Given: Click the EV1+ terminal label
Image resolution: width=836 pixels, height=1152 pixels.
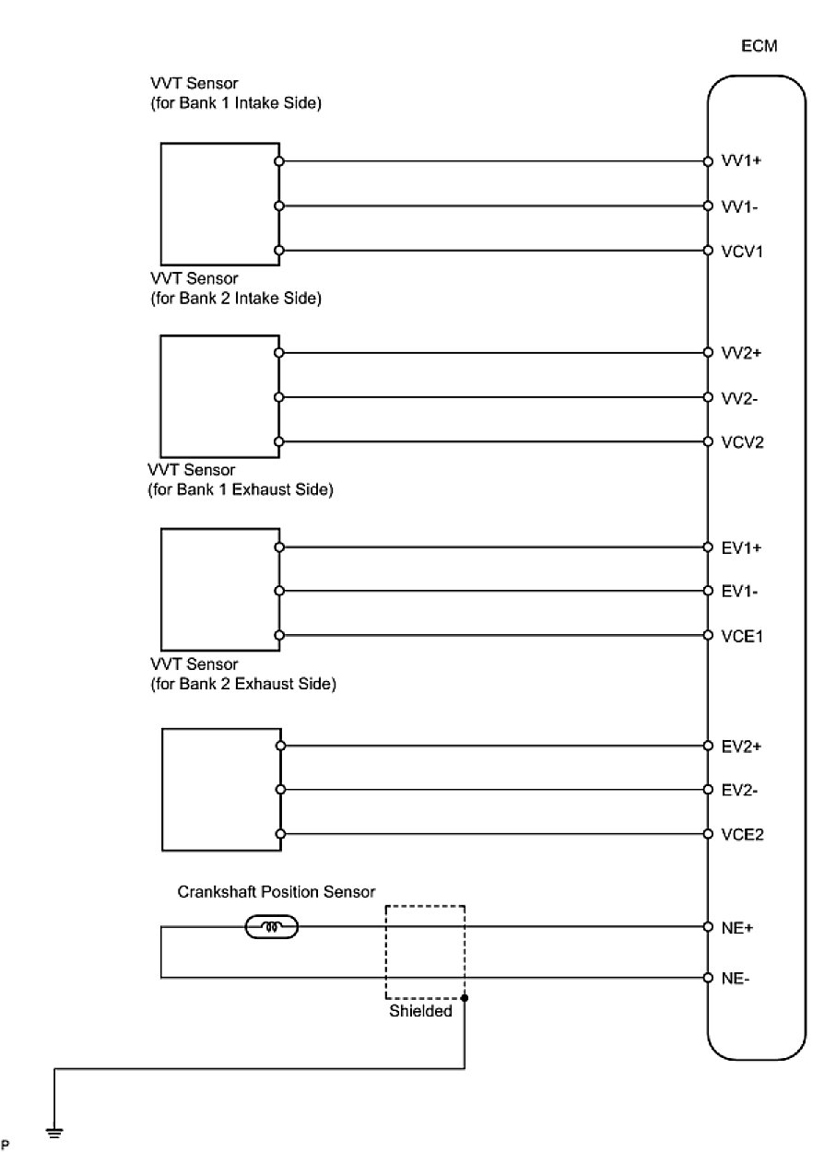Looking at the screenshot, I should pyautogui.click(x=743, y=547).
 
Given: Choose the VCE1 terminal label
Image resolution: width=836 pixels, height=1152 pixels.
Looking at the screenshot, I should pyautogui.click(x=745, y=636).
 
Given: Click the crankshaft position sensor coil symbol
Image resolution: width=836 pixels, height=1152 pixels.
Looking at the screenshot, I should pyautogui.click(x=272, y=926).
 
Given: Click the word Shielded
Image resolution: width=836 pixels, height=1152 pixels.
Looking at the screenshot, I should pyautogui.click(x=419, y=1011).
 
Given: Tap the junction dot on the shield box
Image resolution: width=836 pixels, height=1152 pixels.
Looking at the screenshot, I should pyautogui.click(x=465, y=998).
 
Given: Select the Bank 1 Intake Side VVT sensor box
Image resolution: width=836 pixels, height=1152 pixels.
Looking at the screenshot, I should pyautogui.click(x=219, y=204).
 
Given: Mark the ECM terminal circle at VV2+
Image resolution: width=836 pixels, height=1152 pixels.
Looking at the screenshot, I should pyautogui.click(x=708, y=352).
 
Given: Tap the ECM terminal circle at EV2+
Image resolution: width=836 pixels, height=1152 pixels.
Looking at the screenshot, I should pyautogui.click(x=708, y=746).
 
